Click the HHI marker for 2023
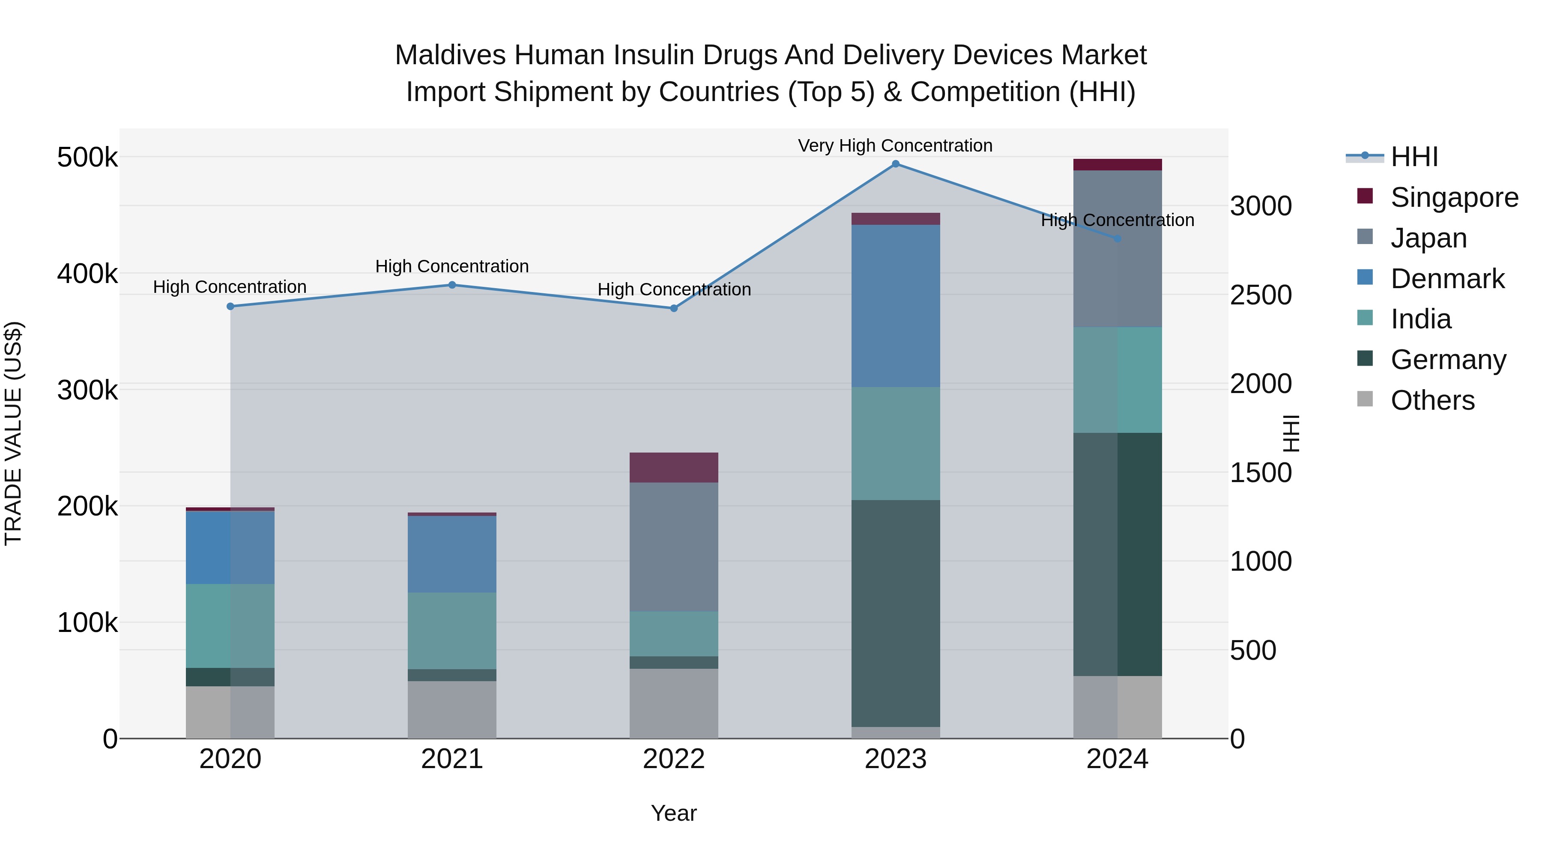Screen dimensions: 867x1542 896,164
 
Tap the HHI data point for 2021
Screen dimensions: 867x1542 452,285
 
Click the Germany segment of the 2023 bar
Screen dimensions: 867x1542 896,613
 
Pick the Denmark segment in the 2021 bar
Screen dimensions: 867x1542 452,554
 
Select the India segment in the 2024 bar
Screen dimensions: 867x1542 1117,379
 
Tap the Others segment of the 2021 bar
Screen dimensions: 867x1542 452,709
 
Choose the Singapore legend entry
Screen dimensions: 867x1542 1454,197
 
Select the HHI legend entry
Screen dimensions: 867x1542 1414,157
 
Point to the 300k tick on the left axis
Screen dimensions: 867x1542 87,390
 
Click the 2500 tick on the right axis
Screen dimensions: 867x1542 1261,295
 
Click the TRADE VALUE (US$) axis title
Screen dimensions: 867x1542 13,433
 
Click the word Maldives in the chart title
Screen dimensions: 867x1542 450,55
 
